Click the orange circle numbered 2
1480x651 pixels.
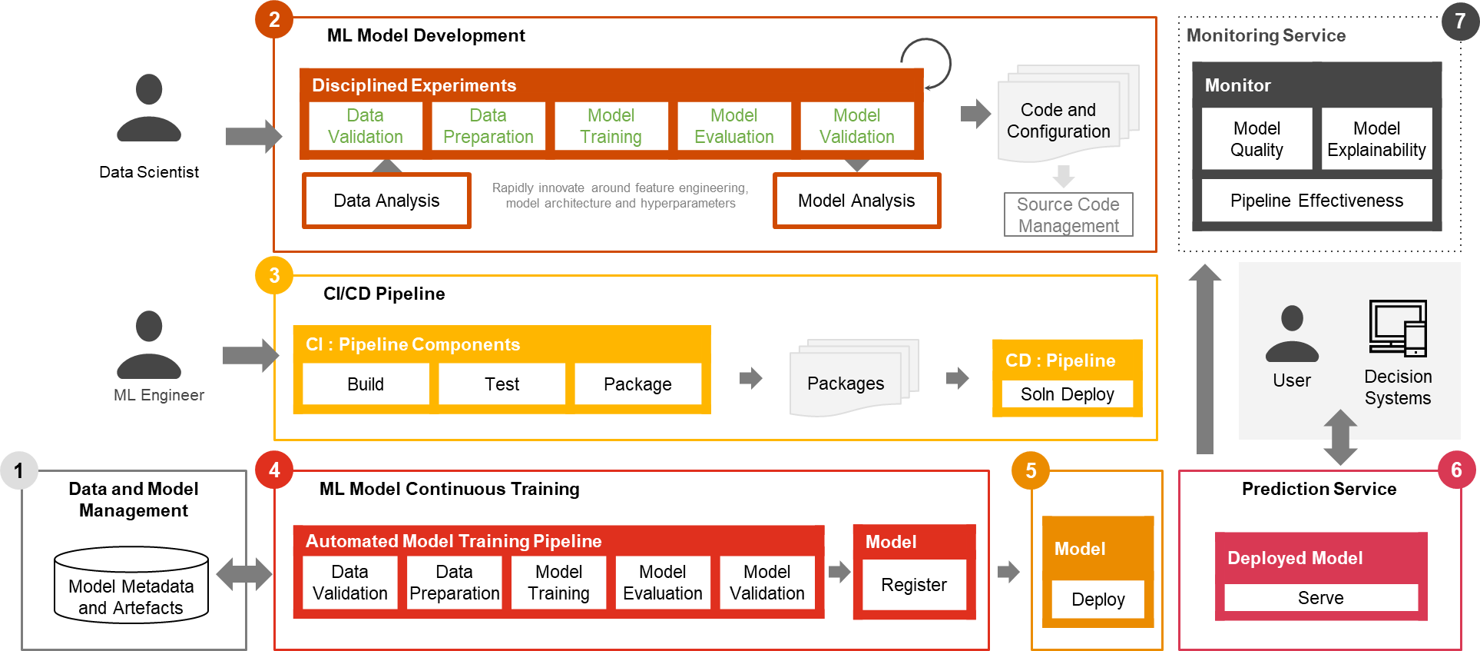[274, 19]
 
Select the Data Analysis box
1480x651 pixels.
[386, 201]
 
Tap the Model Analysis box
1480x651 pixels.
[856, 201]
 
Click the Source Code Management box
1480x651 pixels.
[1068, 214]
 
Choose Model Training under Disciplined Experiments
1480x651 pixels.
[611, 126]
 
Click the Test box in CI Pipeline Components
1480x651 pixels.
[502, 384]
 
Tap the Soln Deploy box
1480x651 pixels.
[1067, 394]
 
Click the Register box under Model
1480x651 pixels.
[913, 585]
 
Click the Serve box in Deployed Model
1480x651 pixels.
[1320, 598]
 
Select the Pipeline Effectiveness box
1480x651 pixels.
[1316, 201]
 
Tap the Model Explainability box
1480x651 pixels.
[1376, 138]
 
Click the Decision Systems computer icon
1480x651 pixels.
[1398, 328]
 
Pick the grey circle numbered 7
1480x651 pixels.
[1459, 21]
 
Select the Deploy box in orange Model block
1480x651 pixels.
[1098, 600]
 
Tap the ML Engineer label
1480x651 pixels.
[159, 395]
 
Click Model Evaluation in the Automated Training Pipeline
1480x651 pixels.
[662, 583]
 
